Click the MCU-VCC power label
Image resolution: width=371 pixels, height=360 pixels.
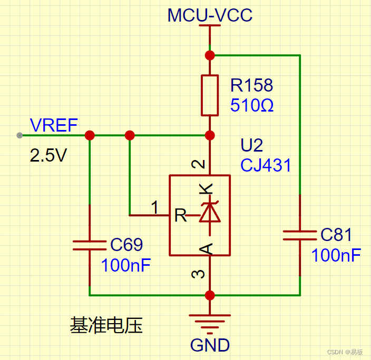click(210, 15)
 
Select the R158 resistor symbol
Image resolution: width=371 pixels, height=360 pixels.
click(210, 95)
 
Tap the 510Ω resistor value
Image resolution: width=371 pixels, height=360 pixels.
click(252, 106)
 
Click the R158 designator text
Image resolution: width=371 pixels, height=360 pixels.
click(252, 85)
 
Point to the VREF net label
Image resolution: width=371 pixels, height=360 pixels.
click(54, 125)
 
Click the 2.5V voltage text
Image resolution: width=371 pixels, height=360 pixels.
click(48, 156)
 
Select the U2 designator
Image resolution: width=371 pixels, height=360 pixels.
click(252, 145)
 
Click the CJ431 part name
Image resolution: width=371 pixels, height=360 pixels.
click(266, 165)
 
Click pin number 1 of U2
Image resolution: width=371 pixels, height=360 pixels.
click(155, 208)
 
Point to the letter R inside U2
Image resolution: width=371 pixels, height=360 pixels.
click(180, 215)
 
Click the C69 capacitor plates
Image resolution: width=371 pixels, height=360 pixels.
click(90, 244)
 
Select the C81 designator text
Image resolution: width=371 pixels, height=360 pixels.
click(336, 235)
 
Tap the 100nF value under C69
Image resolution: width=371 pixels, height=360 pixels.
click(125, 265)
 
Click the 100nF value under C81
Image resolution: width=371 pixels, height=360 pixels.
click(336, 256)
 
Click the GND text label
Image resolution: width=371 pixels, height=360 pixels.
click(210, 345)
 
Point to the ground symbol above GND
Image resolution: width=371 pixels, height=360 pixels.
click(210, 321)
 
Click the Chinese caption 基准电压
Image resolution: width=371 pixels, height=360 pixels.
click(106, 325)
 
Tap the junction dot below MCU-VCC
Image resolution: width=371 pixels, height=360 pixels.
click(210, 55)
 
